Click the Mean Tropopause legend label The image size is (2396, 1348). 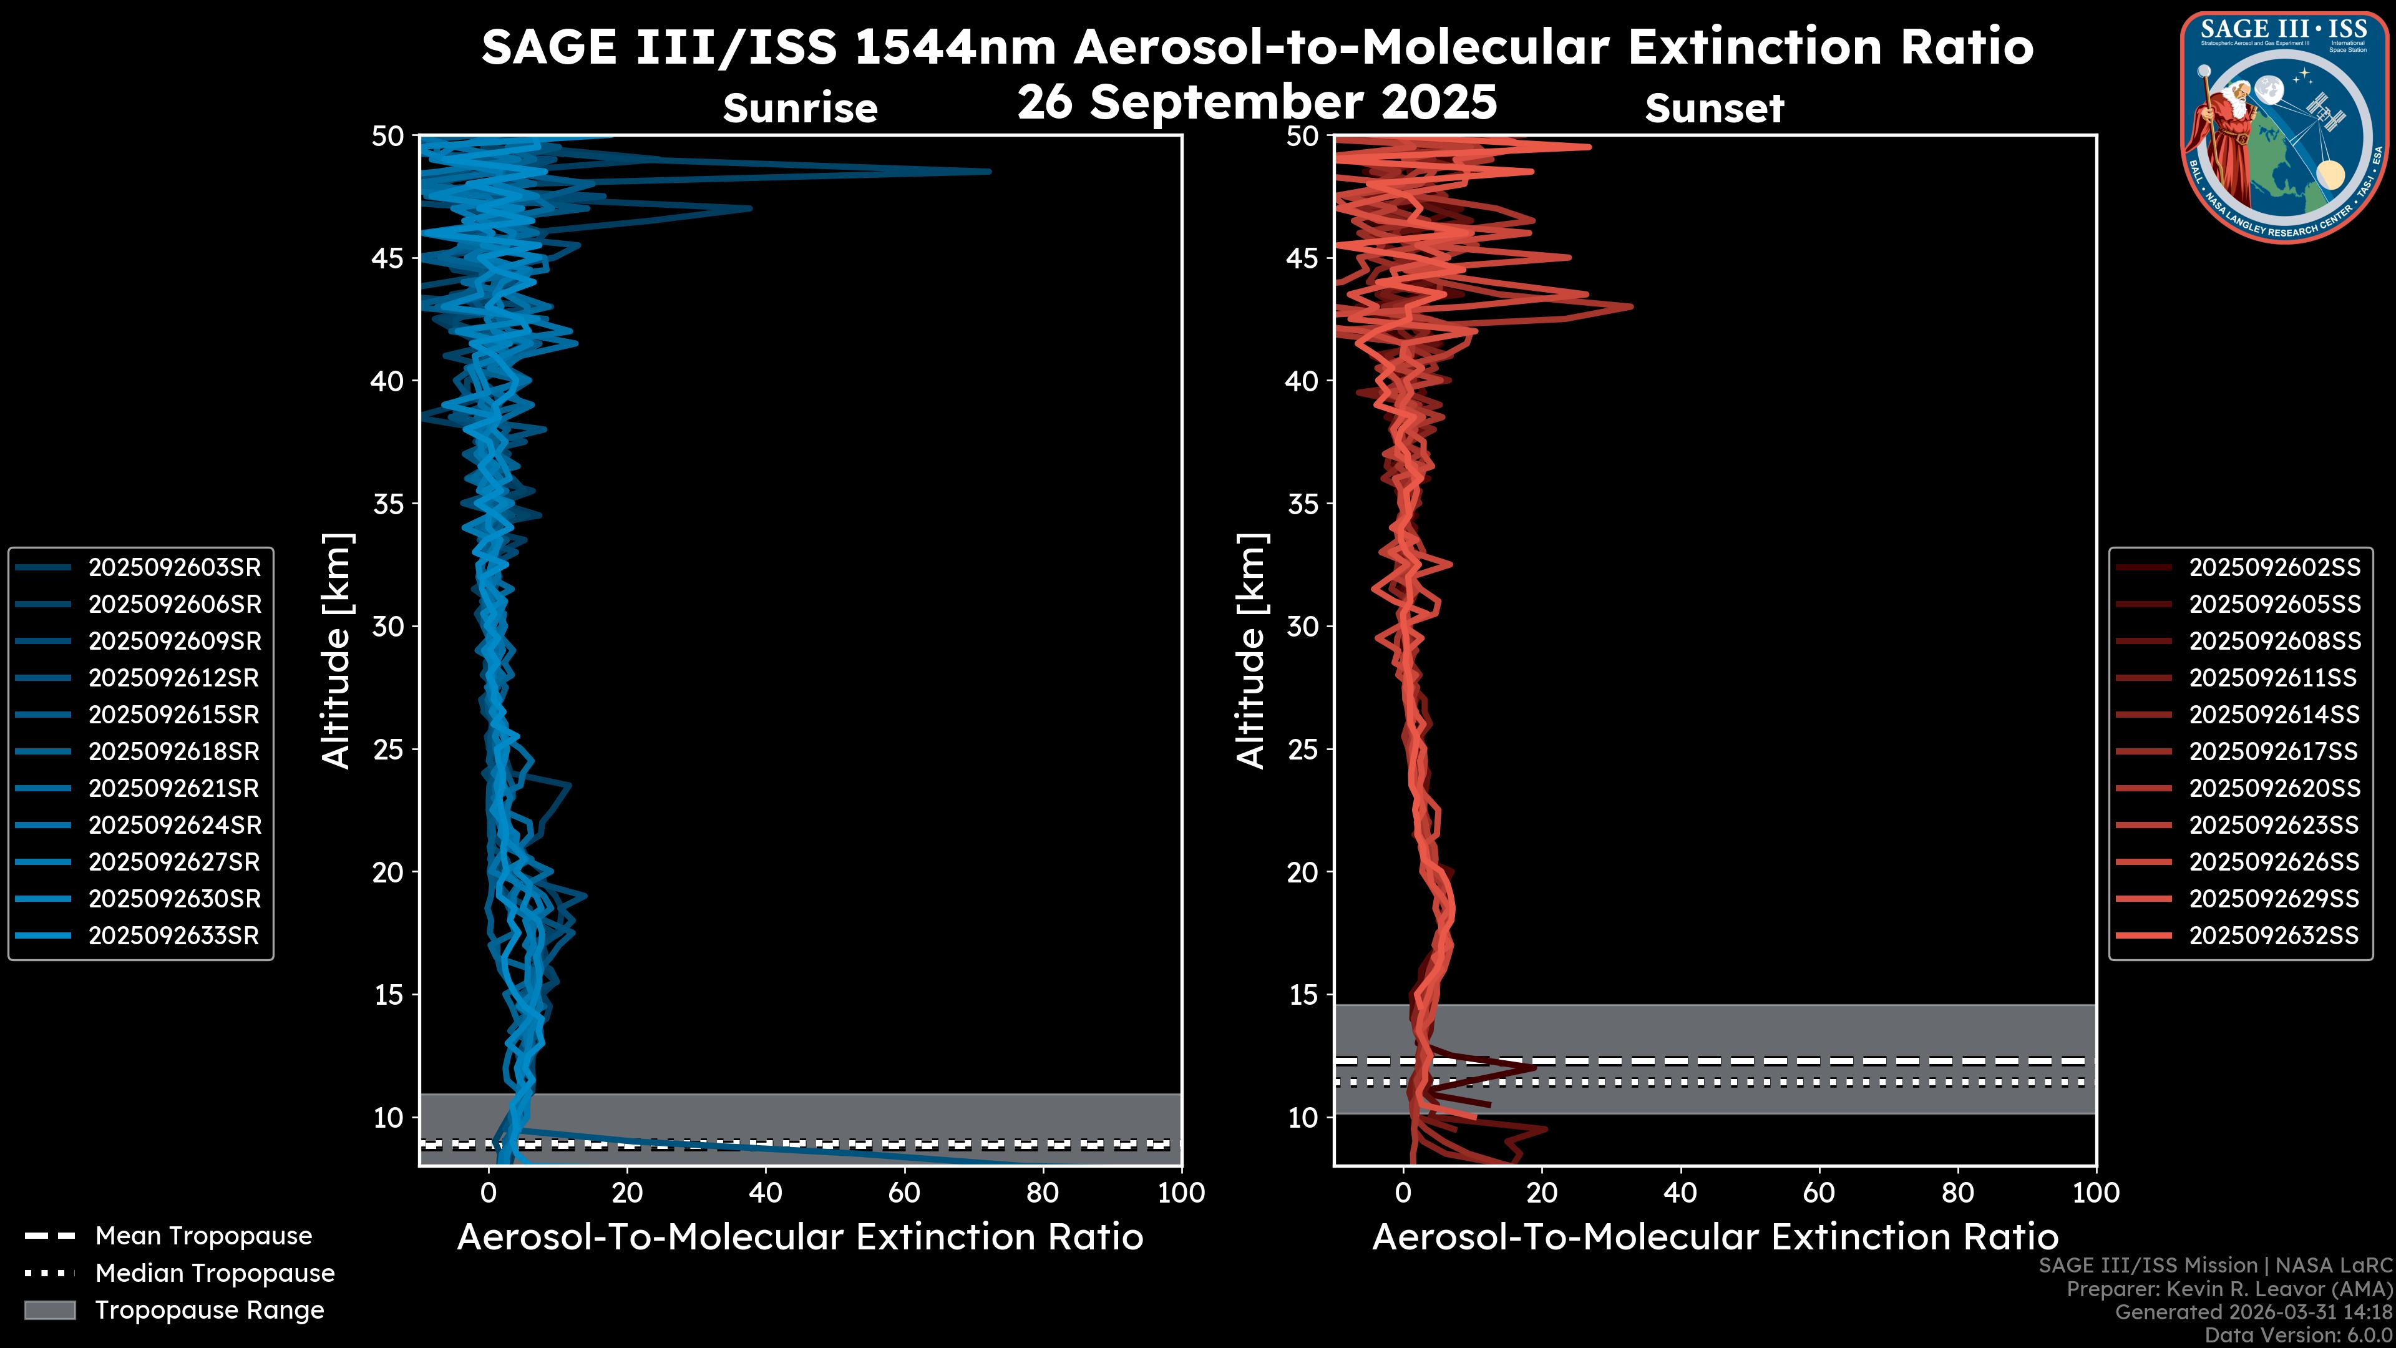203,1236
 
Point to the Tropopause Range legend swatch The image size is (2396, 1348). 49,1311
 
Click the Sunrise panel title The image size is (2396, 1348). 800,109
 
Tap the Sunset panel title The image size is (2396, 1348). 1714,109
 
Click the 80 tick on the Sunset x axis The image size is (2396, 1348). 1958,1193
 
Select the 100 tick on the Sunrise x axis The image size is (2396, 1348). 1181,1193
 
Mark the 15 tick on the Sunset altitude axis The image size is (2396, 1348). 1303,995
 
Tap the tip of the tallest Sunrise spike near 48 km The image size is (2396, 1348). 990,171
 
